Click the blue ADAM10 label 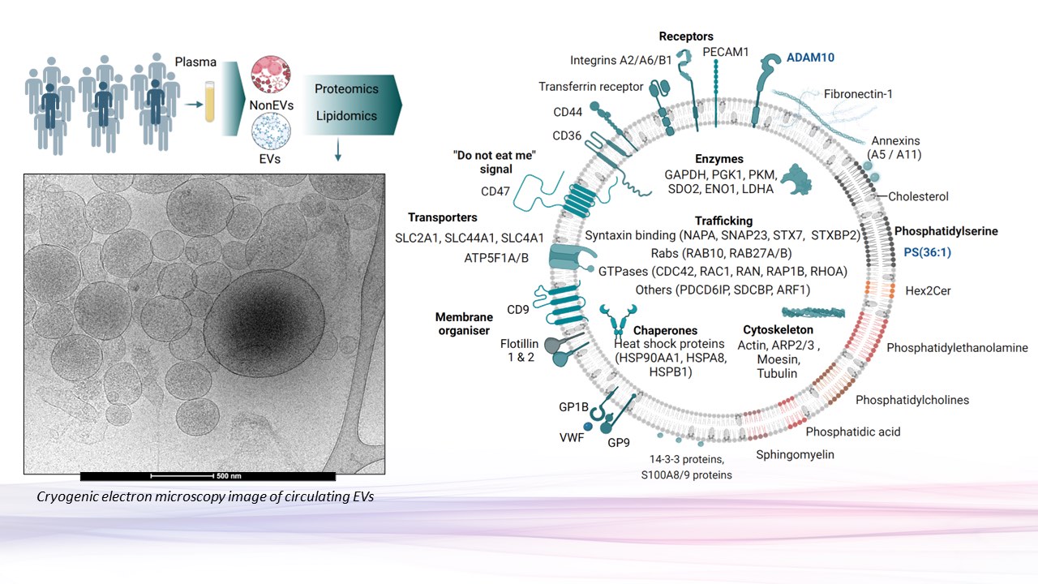810,58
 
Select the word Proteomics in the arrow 346,88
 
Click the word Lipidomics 346,116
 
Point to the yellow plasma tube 211,105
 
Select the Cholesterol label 918,196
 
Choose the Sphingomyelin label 795,454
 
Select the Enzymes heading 718,159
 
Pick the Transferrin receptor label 590,87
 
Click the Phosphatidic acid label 852,432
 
